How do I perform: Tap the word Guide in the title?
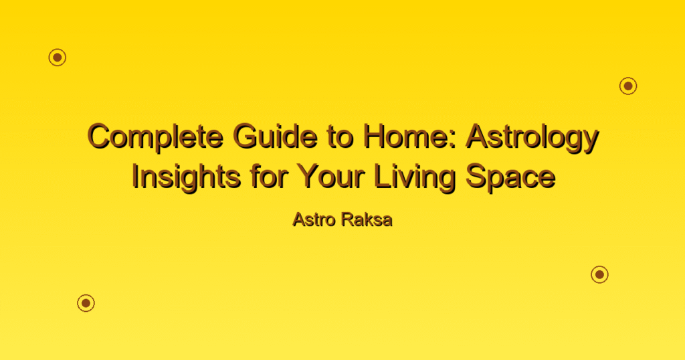pos(275,136)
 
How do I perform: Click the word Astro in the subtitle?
pos(314,219)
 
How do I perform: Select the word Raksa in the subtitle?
pos(367,219)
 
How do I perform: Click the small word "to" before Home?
pos(340,137)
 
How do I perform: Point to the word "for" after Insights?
pos(269,177)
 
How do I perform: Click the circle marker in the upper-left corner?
pos(58,58)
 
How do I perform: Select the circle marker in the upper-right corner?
pos(628,86)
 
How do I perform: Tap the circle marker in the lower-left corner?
pos(86,302)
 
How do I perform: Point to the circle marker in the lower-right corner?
pos(600,274)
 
